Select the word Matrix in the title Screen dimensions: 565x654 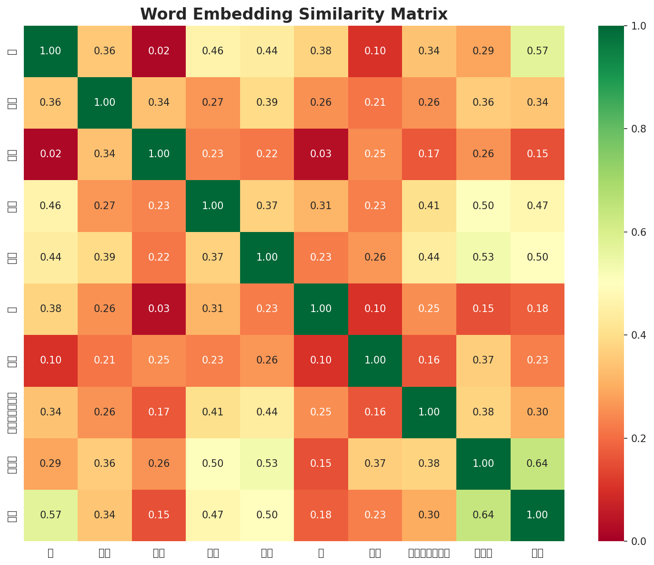point(422,14)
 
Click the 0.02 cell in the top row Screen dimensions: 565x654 point(159,51)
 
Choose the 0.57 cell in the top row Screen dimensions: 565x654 point(537,51)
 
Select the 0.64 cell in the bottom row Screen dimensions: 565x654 point(483,515)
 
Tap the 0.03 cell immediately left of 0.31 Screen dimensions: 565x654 point(159,309)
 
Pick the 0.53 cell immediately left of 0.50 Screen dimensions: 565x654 point(483,257)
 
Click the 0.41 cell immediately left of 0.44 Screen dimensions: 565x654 point(213,412)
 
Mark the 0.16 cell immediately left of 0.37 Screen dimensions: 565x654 point(429,360)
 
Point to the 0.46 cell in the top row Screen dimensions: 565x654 point(213,51)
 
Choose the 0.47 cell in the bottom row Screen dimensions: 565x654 point(213,515)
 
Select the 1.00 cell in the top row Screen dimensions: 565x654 point(50,51)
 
